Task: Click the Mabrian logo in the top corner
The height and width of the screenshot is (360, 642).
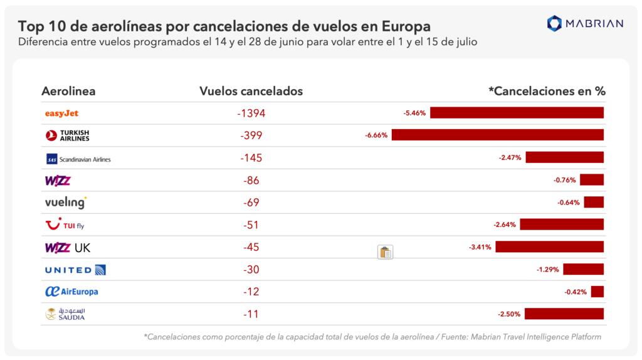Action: point(585,24)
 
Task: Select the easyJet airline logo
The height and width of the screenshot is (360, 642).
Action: point(61,114)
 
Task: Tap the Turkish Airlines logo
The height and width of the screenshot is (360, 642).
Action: point(68,135)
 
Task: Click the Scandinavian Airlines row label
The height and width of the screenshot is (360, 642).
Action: point(78,159)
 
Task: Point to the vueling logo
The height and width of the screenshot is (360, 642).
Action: point(65,203)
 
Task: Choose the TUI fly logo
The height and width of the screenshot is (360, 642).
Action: point(65,225)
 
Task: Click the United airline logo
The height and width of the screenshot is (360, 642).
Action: point(75,270)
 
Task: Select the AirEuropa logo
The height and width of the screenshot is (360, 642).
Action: point(71,292)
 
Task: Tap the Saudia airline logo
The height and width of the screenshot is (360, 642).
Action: point(65,314)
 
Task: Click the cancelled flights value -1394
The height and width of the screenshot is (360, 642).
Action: point(251,114)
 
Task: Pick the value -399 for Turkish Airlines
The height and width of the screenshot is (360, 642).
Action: point(251,135)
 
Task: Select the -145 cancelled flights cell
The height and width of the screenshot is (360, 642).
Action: point(251,158)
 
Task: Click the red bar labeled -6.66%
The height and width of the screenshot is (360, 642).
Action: point(497,135)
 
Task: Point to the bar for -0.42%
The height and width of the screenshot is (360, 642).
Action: point(597,292)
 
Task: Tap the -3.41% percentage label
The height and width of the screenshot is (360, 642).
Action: point(480,247)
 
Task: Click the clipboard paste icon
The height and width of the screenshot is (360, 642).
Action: point(385,252)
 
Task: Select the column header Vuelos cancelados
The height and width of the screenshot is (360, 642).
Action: point(251,91)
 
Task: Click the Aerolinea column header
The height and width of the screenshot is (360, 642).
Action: point(68,91)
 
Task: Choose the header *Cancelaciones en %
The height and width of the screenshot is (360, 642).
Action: point(547,91)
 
